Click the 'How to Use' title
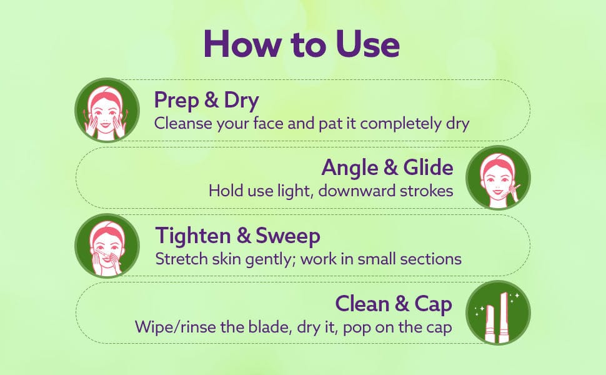[302, 43]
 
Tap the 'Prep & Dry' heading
[206, 100]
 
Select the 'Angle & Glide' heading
[387, 168]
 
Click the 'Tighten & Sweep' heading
[237, 236]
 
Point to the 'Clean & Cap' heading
[394, 304]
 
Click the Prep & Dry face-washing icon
[107, 110]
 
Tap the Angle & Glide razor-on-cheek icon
[498, 178]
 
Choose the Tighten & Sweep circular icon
[107, 246]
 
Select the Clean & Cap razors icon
[498, 312]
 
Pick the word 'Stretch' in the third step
[182, 259]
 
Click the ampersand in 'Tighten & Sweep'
[244, 236]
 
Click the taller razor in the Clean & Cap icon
[504, 317]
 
